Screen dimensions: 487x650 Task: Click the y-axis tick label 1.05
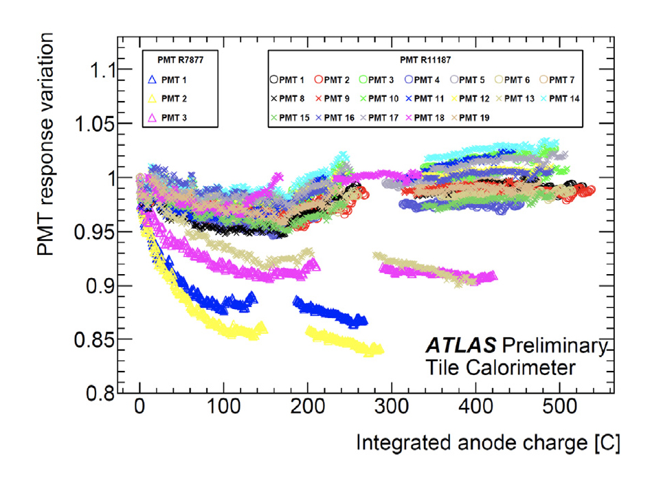(x=90, y=124)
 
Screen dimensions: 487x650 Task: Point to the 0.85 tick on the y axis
(x=90, y=340)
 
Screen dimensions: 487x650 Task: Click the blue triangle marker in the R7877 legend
(x=153, y=80)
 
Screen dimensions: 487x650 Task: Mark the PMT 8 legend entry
(x=289, y=99)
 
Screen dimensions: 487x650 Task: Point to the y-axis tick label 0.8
(x=95, y=394)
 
